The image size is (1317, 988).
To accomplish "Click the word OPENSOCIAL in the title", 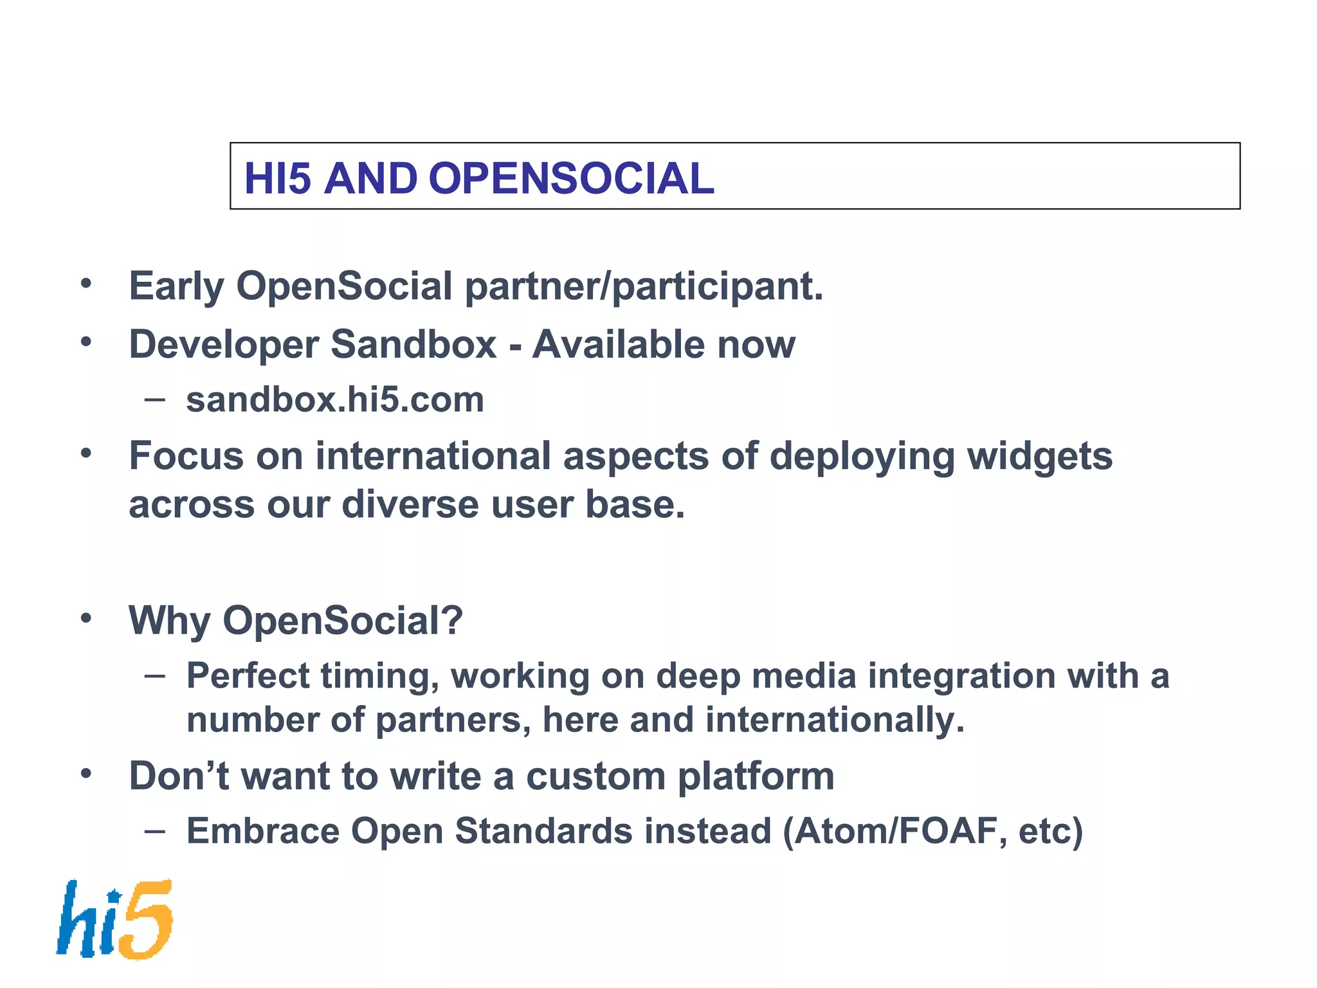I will (571, 178).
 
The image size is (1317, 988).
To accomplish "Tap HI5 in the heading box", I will (277, 178).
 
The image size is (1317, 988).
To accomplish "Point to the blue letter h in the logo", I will (77, 920).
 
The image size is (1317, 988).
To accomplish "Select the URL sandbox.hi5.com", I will (334, 399).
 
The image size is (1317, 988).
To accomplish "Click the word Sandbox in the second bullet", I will (413, 344).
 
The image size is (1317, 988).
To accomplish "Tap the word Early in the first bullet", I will (176, 286).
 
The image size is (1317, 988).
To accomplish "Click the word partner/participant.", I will (644, 286).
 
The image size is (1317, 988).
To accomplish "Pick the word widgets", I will (1040, 457).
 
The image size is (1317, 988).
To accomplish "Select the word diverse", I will (410, 504).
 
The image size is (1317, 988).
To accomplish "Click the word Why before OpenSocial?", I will (169, 621).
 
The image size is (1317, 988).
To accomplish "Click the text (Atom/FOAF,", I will (895, 831).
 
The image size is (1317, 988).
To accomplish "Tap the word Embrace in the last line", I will (262, 831).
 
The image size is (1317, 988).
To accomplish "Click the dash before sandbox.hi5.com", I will (155, 399).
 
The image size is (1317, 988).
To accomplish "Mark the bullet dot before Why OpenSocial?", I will (86, 619).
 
